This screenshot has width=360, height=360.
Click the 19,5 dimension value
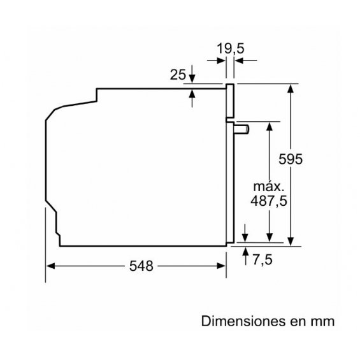point(230,48)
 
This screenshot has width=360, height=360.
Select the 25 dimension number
point(178,75)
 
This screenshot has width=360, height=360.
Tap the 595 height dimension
point(291,159)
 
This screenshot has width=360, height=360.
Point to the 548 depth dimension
point(141,266)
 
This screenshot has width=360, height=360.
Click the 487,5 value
point(269,201)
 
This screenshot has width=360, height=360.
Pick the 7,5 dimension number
point(263,260)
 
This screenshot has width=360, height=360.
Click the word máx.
point(269,187)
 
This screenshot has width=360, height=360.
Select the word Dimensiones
point(243,321)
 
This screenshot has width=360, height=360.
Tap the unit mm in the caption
point(322,322)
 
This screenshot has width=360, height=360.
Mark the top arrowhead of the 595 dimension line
point(291,89)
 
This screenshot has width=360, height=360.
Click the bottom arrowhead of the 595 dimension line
point(291,241)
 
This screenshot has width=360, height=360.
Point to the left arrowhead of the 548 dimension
point(50,266)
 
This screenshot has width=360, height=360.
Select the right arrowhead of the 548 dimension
point(221,266)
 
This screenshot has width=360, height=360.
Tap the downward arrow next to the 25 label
point(192,74)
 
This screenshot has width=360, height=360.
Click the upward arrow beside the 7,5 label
point(246,256)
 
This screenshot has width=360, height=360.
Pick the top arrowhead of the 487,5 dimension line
point(270,127)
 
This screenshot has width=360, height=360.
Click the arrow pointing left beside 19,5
point(246,61)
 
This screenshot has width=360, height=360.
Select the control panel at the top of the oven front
point(230,101)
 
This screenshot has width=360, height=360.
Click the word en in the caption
point(298,322)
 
